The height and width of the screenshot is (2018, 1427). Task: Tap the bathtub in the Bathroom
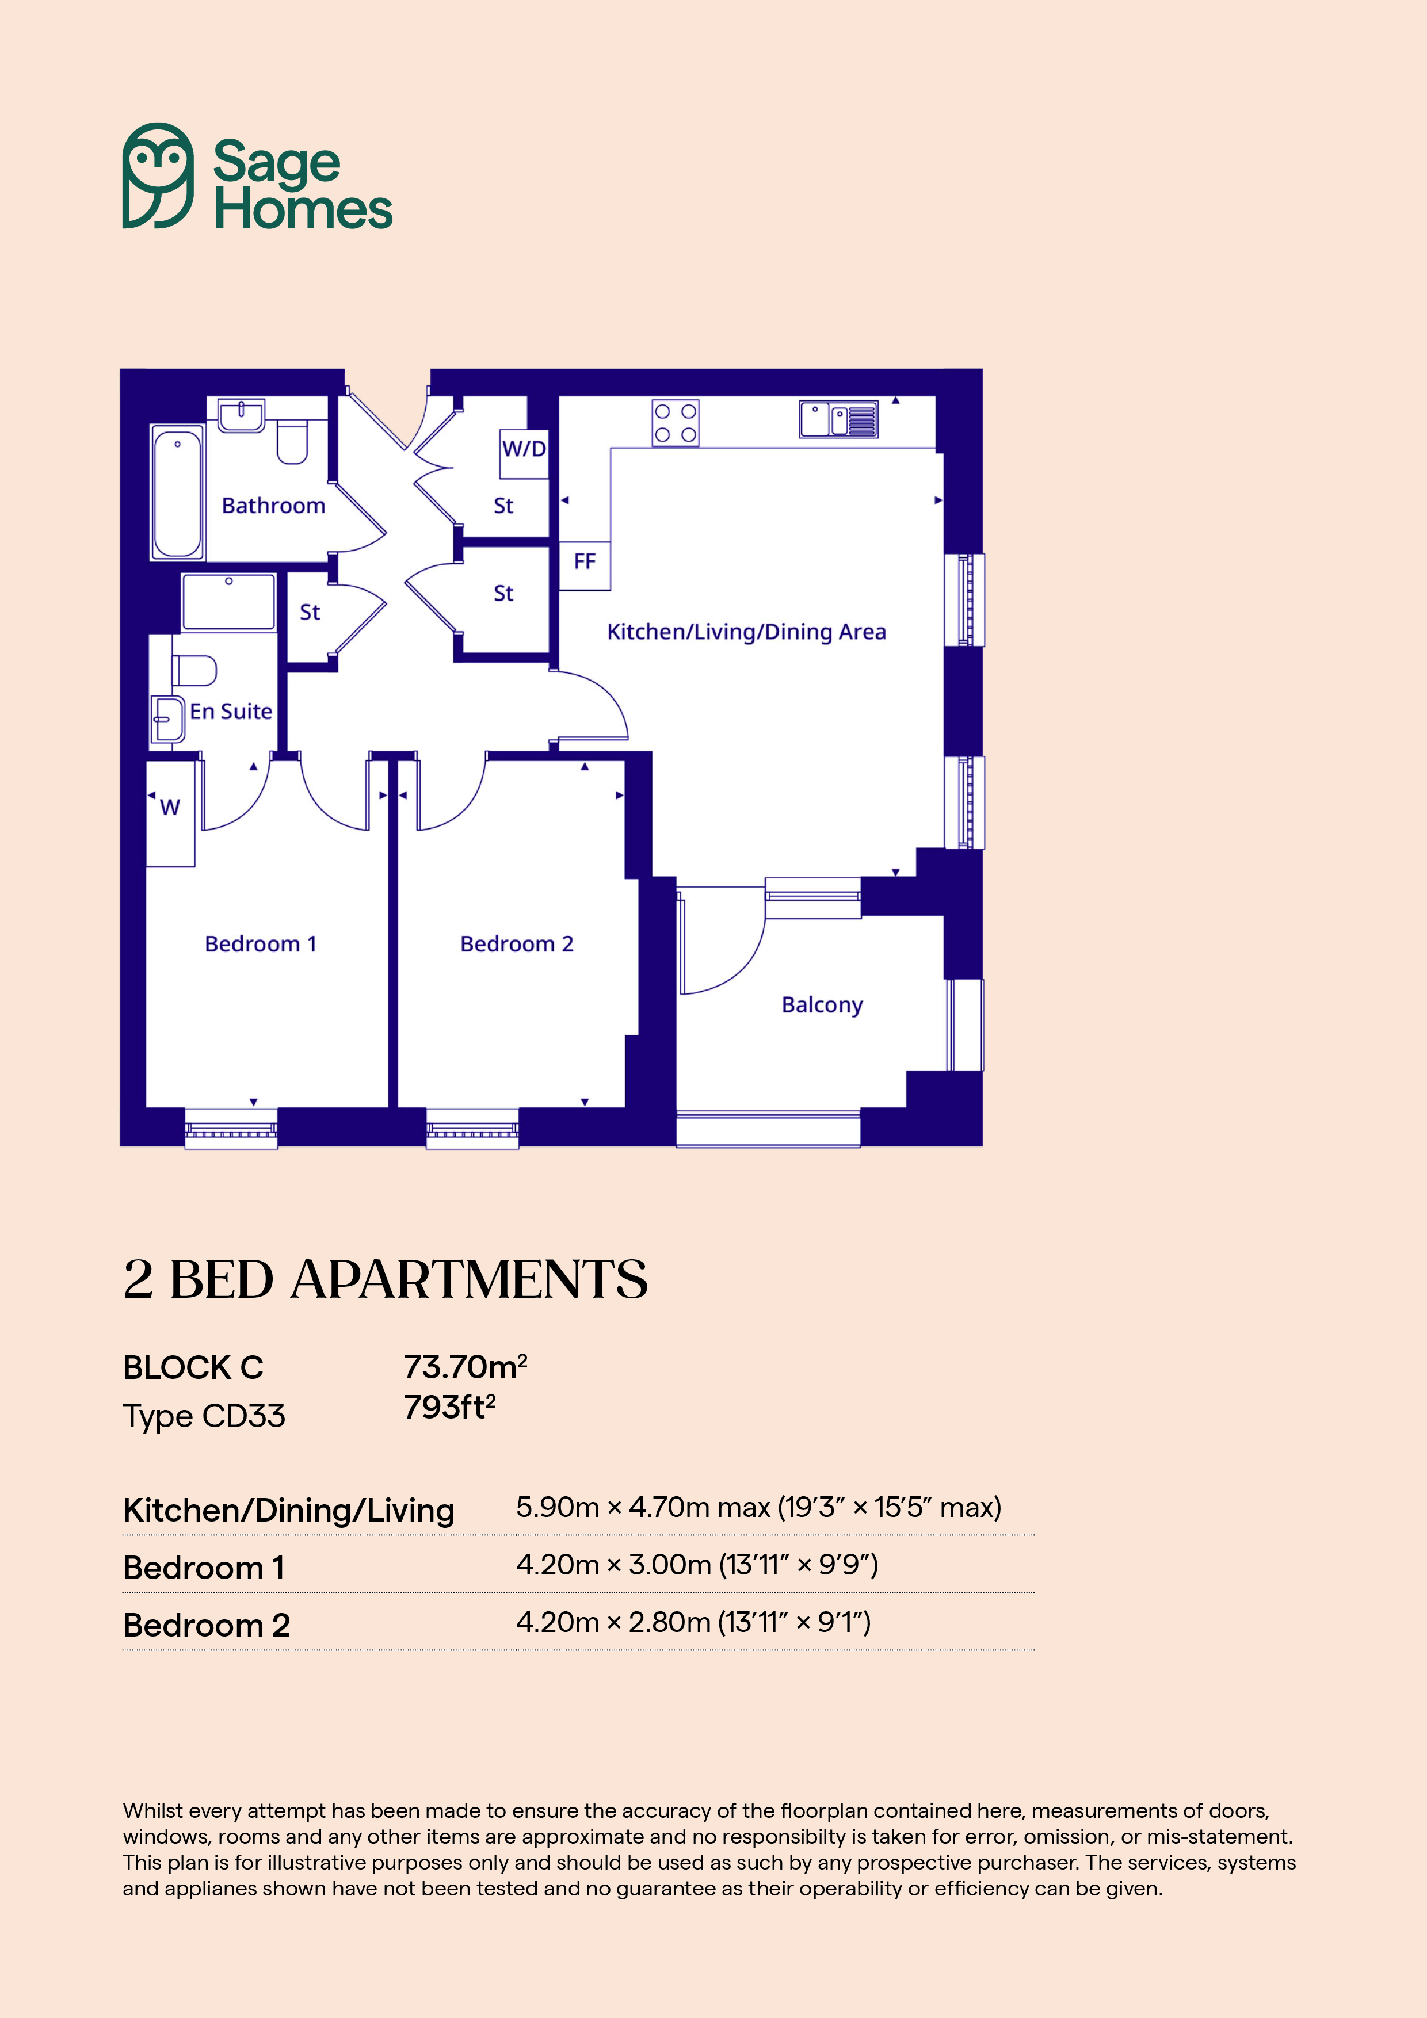(178, 492)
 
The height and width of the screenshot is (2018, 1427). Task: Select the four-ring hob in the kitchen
(676, 423)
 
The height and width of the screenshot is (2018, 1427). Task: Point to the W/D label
(524, 449)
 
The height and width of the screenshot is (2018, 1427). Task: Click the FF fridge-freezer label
(585, 561)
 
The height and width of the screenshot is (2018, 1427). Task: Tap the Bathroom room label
(273, 506)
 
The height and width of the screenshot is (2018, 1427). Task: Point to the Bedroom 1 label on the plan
(260, 944)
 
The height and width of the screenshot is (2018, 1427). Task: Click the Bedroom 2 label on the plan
(517, 944)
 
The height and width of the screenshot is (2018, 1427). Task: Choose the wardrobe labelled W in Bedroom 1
(170, 814)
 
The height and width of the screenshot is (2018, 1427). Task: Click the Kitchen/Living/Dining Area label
(746, 632)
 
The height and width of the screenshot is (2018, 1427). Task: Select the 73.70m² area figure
(465, 1367)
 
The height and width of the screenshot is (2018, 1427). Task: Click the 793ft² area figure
(449, 1407)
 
